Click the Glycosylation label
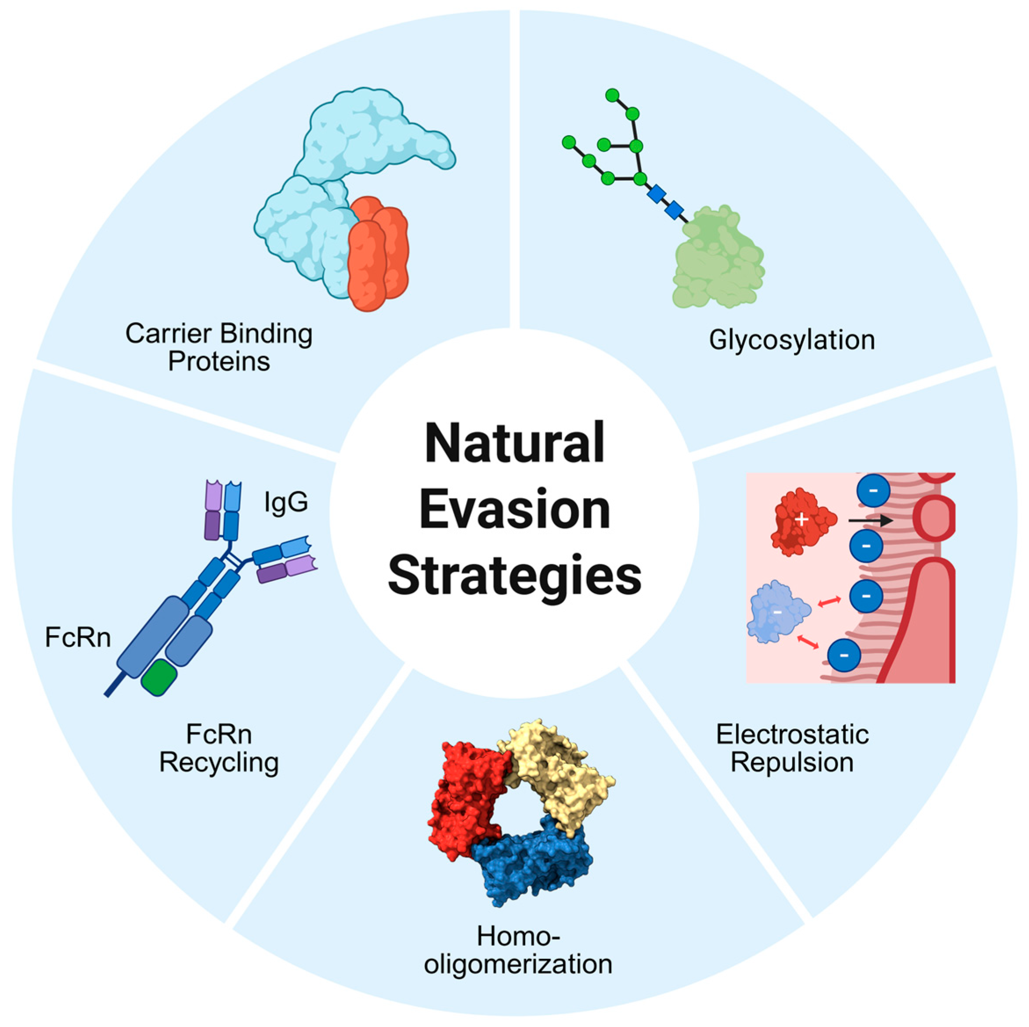point(791,340)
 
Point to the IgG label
point(286,501)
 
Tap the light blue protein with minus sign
point(778,612)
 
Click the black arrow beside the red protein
point(870,521)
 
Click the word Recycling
point(219,763)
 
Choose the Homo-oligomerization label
point(517,950)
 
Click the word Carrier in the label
point(168,334)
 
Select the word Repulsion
point(792,762)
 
